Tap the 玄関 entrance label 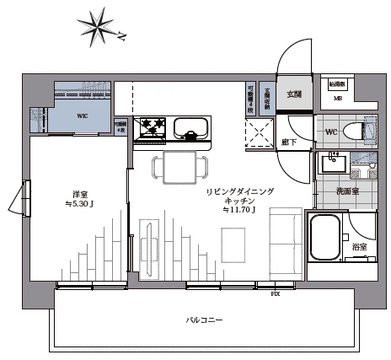294,94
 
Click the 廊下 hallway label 289,142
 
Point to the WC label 331,132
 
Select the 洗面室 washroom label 348,191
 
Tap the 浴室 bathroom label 359,246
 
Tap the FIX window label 275,293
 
